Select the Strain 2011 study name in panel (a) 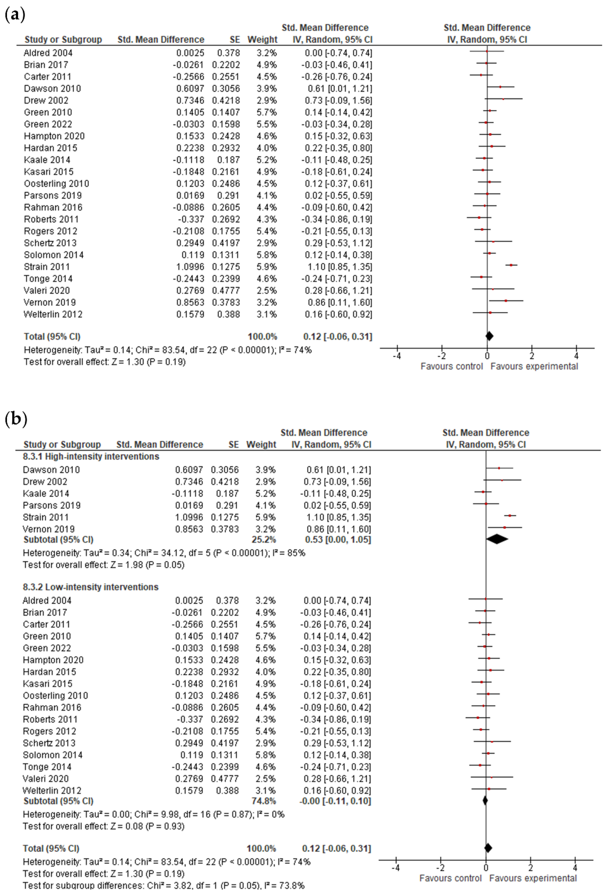(47, 267)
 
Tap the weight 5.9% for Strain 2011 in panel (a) (267, 267)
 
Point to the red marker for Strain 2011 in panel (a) (511, 265)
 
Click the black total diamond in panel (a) (489, 336)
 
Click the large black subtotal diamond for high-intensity (497, 539)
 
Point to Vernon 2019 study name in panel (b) (49, 529)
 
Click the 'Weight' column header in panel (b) (261, 444)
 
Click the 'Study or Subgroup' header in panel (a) (63, 40)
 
